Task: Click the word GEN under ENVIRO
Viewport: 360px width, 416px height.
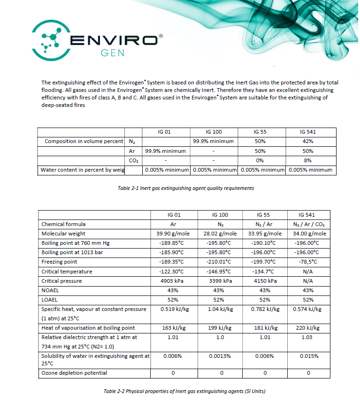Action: [113, 53]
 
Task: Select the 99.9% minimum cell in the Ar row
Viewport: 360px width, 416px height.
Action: [165, 151]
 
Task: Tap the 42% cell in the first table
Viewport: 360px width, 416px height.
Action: [307, 141]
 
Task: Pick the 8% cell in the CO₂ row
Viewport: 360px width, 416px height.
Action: [307, 160]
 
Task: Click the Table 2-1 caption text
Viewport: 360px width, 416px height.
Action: [186, 188]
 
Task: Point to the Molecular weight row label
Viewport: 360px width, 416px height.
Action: [63, 234]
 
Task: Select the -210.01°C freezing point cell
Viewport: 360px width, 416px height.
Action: [219, 262]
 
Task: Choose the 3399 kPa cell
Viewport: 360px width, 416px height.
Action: [219, 281]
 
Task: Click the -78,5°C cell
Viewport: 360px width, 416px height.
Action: [307, 262]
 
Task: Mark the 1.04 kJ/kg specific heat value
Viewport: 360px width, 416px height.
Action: [219, 309]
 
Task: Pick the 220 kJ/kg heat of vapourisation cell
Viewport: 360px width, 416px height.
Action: [307, 328]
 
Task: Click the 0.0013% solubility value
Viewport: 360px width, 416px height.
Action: [219, 356]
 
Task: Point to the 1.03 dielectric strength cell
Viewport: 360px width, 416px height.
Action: [307, 337]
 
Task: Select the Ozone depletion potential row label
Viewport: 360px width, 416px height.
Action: [74, 373]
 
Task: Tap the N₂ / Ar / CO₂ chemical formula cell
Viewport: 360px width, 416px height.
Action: [307, 224]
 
